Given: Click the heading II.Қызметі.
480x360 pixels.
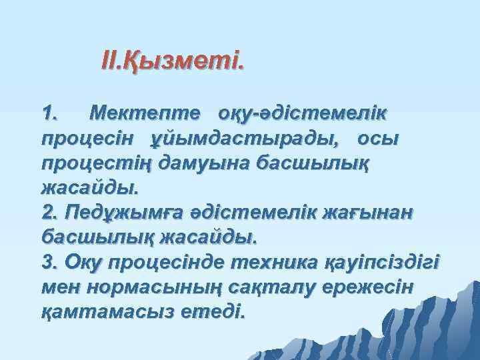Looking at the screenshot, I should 173,62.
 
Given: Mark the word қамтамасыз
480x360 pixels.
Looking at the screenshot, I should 109,311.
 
